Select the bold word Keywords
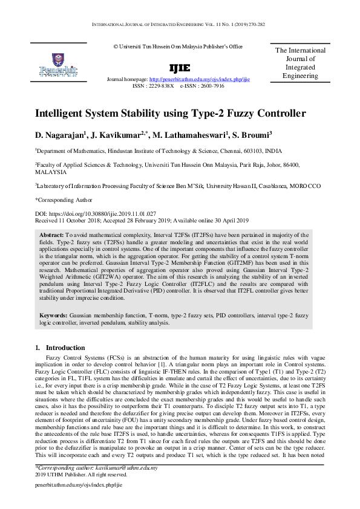pos(54,316)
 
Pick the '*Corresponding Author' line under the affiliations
pos(64,199)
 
